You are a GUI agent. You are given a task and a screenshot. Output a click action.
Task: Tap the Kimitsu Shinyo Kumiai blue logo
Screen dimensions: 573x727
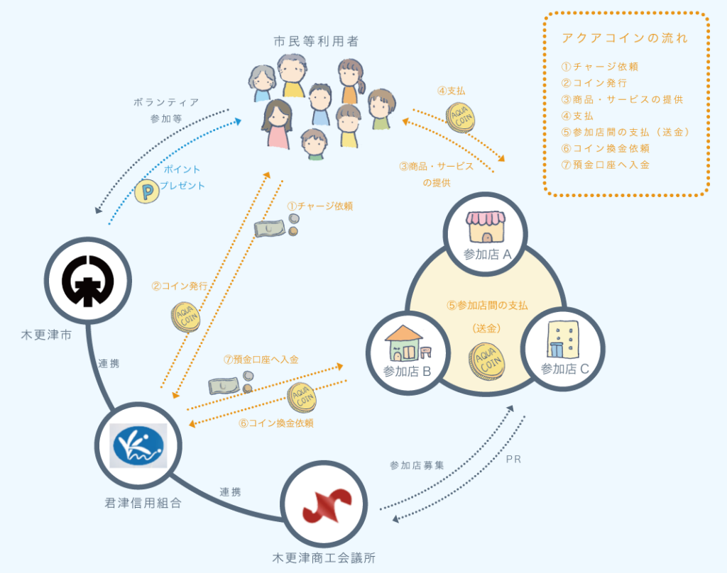point(139,445)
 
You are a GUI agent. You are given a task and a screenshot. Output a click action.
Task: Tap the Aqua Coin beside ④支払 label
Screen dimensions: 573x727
point(459,117)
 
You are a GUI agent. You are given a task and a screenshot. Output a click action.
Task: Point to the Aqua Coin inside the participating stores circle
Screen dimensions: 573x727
point(486,360)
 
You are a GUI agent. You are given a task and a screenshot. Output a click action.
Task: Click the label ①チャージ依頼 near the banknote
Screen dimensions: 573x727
point(319,206)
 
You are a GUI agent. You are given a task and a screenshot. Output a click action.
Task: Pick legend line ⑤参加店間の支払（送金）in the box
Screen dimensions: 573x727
point(625,132)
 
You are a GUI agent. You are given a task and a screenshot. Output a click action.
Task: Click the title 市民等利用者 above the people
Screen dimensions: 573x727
point(316,42)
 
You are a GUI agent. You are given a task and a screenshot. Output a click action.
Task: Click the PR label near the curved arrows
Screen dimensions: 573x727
point(513,460)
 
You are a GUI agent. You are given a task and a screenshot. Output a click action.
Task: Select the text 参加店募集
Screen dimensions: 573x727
point(417,465)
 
